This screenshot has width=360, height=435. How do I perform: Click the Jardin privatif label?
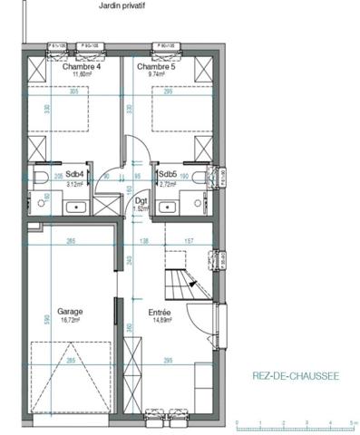(x=122, y=5)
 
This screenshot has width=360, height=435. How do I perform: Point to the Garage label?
(x=71, y=311)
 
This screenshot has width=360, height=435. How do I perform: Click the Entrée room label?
(x=161, y=311)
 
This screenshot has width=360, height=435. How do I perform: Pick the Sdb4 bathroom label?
(x=75, y=174)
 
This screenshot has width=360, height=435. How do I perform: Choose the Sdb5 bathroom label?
(x=167, y=174)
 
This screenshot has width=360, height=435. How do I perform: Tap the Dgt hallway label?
(x=141, y=201)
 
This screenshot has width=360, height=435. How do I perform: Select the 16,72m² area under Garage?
(x=71, y=319)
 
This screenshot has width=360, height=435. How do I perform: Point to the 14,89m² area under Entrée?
(x=161, y=319)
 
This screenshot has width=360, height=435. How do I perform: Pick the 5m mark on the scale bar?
(x=352, y=423)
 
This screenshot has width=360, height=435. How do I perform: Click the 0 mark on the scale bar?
(x=236, y=423)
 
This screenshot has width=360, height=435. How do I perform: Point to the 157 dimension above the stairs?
(x=190, y=241)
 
